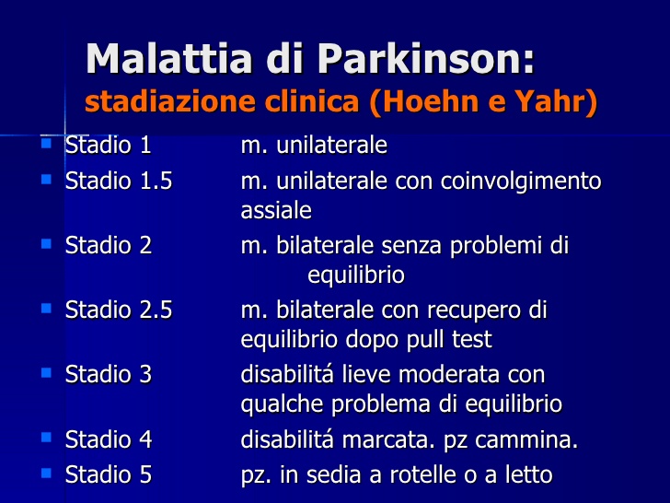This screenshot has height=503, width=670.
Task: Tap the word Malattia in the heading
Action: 169,59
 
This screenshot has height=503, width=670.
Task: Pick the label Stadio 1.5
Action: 119,181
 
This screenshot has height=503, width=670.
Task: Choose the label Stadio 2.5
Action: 119,310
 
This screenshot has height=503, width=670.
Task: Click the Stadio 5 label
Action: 109,474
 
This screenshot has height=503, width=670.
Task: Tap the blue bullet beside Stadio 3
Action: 46,372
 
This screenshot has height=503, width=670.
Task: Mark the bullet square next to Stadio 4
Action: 46,437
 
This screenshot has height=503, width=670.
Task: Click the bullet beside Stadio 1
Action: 46,143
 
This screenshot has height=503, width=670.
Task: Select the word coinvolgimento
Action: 521,181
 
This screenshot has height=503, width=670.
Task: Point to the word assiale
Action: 276,210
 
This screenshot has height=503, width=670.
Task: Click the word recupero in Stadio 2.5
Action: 473,311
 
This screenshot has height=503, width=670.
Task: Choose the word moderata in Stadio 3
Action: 450,375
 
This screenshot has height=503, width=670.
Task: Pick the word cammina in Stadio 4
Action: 524,439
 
